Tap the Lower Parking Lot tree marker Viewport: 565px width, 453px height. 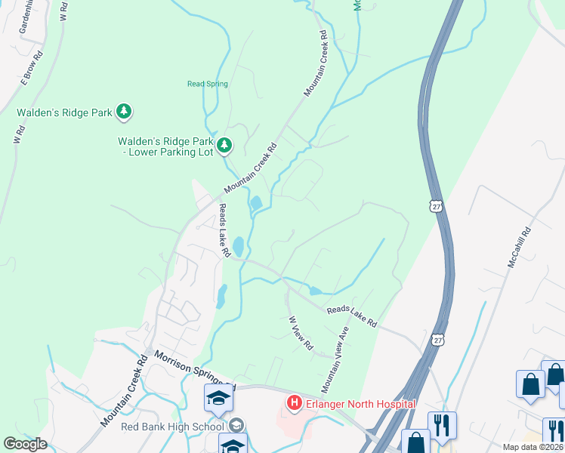point(224,144)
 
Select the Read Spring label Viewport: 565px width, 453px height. point(208,84)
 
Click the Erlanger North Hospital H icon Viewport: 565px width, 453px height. point(294,404)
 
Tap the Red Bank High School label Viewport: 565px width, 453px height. point(173,427)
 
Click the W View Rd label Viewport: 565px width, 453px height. point(301,333)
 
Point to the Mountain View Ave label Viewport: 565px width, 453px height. point(336,359)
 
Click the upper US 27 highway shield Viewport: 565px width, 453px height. point(434,205)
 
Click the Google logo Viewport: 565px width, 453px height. point(24,443)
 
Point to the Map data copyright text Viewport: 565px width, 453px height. point(533,447)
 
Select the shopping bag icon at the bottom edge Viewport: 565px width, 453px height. point(415,441)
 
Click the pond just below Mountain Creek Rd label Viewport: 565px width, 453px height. point(255,203)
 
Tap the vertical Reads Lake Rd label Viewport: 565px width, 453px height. point(224,231)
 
